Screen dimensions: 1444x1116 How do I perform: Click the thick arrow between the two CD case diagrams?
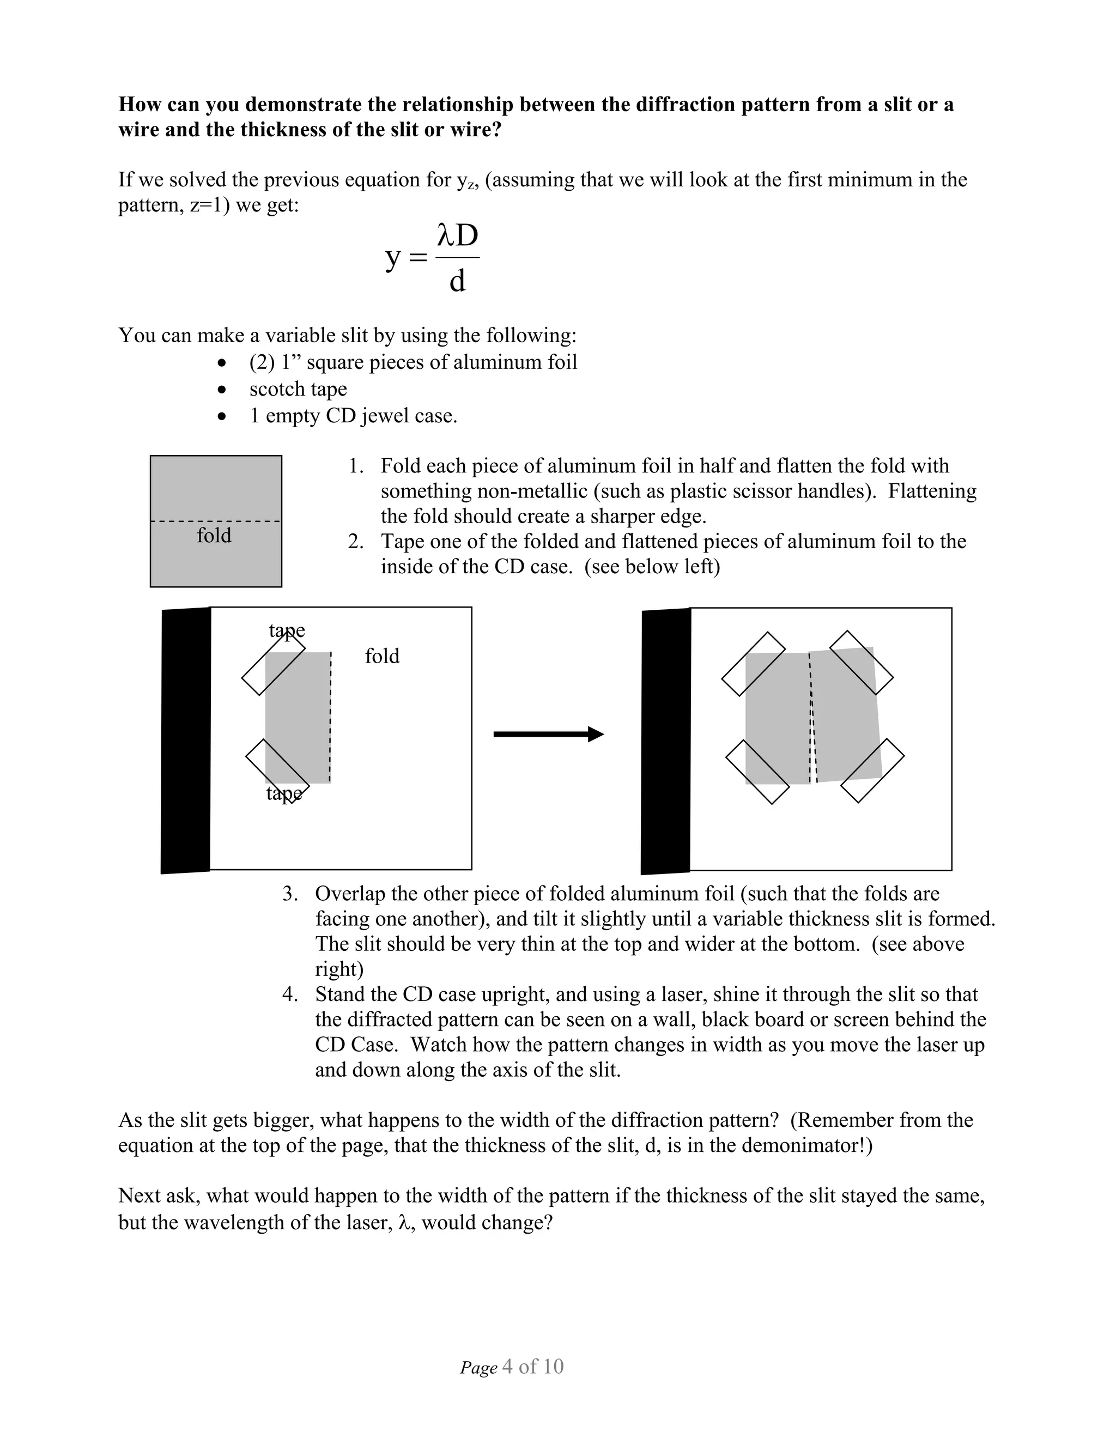pyautogui.click(x=548, y=734)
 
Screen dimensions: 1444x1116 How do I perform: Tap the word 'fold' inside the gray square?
pyautogui.click(x=214, y=535)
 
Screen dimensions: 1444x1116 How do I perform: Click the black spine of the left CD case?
pyautogui.click(x=186, y=740)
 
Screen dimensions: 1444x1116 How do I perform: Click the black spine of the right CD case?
pyautogui.click(x=666, y=741)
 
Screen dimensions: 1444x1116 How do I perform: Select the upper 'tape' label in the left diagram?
pyautogui.click(x=287, y=630)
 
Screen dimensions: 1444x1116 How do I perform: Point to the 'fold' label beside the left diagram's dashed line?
pyautogui.click(x=382, y=656)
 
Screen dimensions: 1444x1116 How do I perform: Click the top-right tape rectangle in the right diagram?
pyautogui.click(x=861, y=663)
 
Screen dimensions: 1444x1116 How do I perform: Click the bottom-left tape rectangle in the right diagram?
pyautogui.click(x=757, y=772)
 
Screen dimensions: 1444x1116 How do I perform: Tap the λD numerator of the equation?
pyautogui.click(x=458, y=236)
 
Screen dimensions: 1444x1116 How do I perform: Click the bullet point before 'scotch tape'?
pyautogui.click(x=223, y=390)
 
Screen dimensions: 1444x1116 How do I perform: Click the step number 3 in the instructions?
pyautogui.click(x=289, y=894)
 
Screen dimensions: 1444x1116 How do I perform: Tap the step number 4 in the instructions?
pyautogui.click(x=289, y=994)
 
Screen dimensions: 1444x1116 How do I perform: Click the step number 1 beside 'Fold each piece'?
pyautogui.click(x=355, y=466)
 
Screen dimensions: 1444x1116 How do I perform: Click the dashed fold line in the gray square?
pyautogui.click(x=216, y=521)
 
